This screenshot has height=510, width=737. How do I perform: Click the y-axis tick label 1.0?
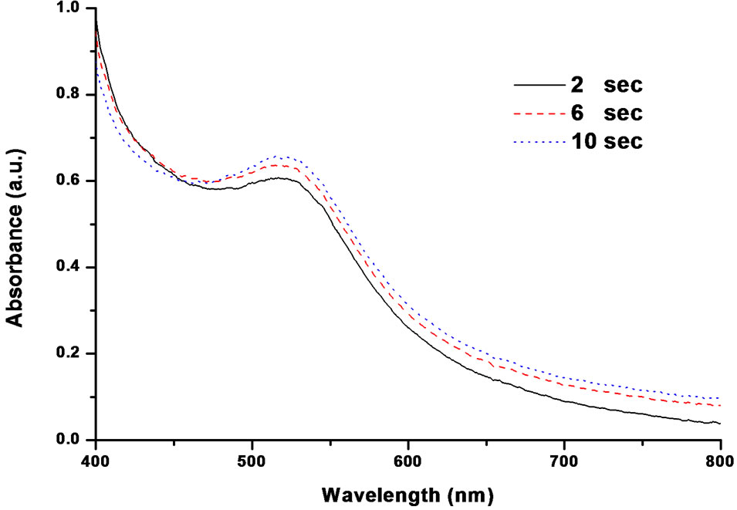tap(68, 9)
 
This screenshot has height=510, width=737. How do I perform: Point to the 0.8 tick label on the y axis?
tap(68, 95)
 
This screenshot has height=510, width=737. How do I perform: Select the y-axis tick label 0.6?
tap(68, 181)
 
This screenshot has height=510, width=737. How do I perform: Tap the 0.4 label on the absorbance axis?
tap(68, 268)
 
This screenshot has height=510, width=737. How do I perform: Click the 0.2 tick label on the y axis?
tap(68, 354)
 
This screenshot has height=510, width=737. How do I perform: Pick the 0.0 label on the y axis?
tap(68, 441)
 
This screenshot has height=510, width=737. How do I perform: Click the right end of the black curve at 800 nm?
tap(718, 423)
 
